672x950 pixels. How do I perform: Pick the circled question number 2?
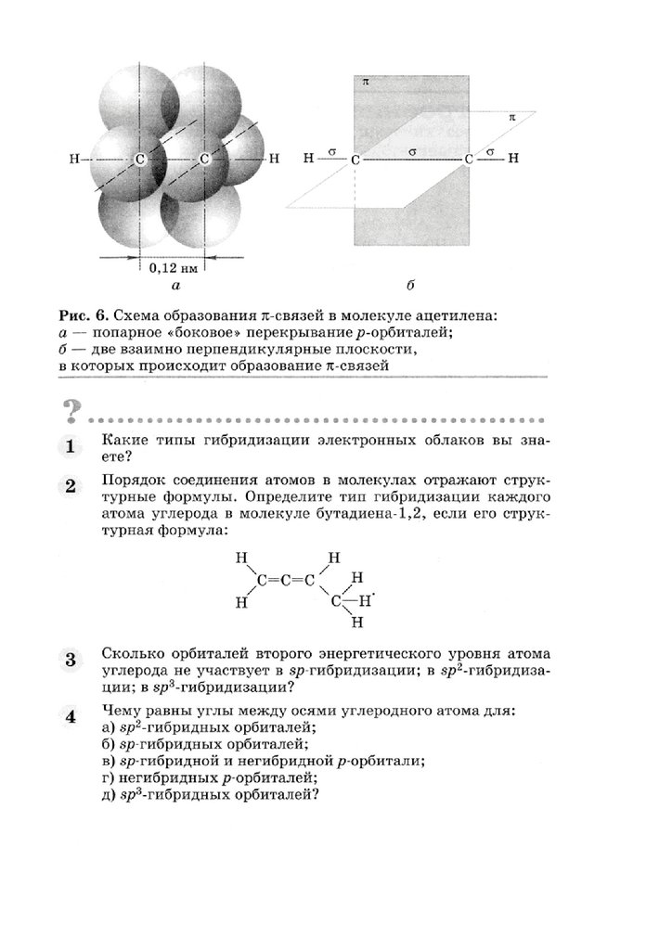pos(71,486)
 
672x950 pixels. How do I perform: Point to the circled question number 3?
pos(71,661)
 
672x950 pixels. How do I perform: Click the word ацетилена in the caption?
pos(457,316)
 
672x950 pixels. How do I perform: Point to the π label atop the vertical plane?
pos(365,83)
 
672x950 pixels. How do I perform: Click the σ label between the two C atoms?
pos(410,148)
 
